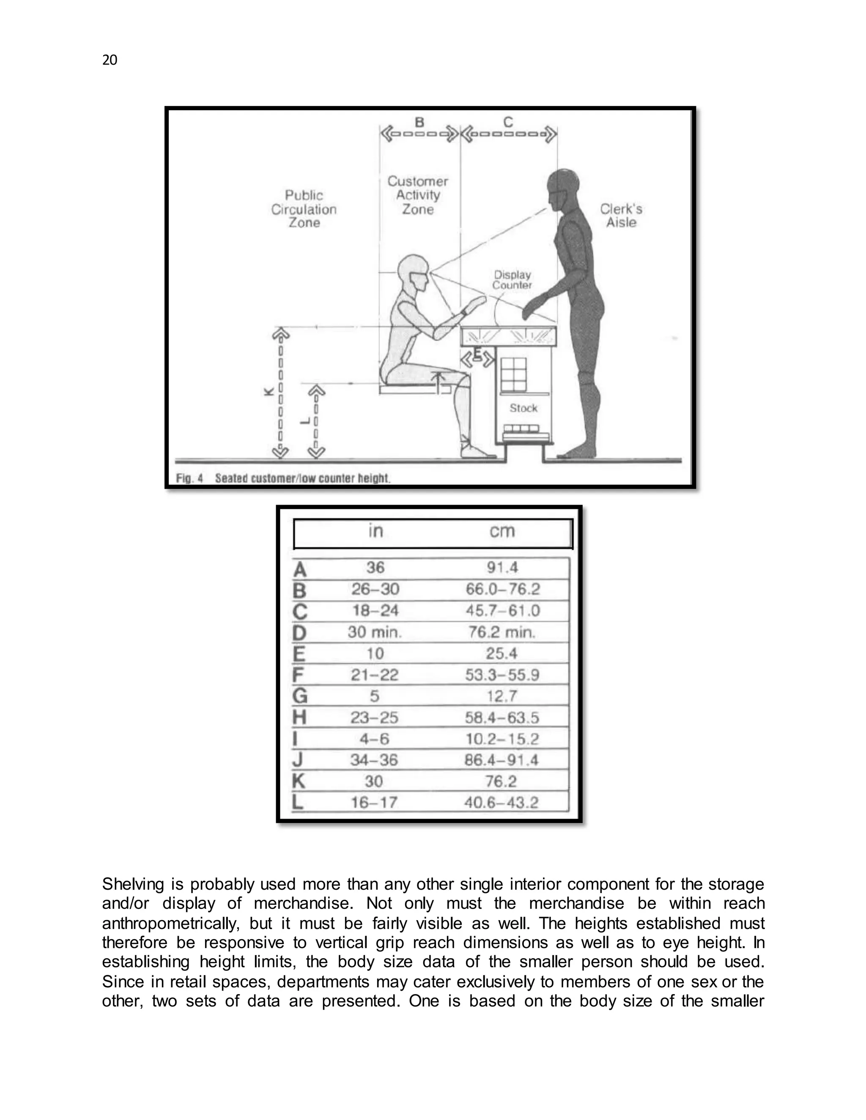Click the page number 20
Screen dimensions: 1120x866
(x=110, y=60)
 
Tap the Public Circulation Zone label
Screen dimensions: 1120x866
(x=304, y=209)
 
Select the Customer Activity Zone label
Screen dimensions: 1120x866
(x=418, y=195)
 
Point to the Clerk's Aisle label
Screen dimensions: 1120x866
(x=621, y=216)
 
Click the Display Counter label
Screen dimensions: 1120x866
(x=512, y=280)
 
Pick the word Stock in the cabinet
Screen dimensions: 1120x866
(x=523, y=408)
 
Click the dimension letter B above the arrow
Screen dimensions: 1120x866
(x=419, y=122)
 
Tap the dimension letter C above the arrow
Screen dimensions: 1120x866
(x=508, y=122)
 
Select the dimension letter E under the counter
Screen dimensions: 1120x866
(x=477, y=353)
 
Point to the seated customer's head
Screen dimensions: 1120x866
(x=414, y=272)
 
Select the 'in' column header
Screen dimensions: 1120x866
(x=375, y=531)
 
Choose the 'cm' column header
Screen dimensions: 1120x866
(x=502, y=531)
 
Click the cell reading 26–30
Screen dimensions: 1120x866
(x=375, y=589)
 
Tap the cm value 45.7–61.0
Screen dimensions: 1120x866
(x=503, y=611)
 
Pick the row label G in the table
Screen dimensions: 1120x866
(x=300, y=696)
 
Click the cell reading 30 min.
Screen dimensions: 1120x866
(x=375, y=632)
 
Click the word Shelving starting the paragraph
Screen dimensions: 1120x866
(x=132, y=885)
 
